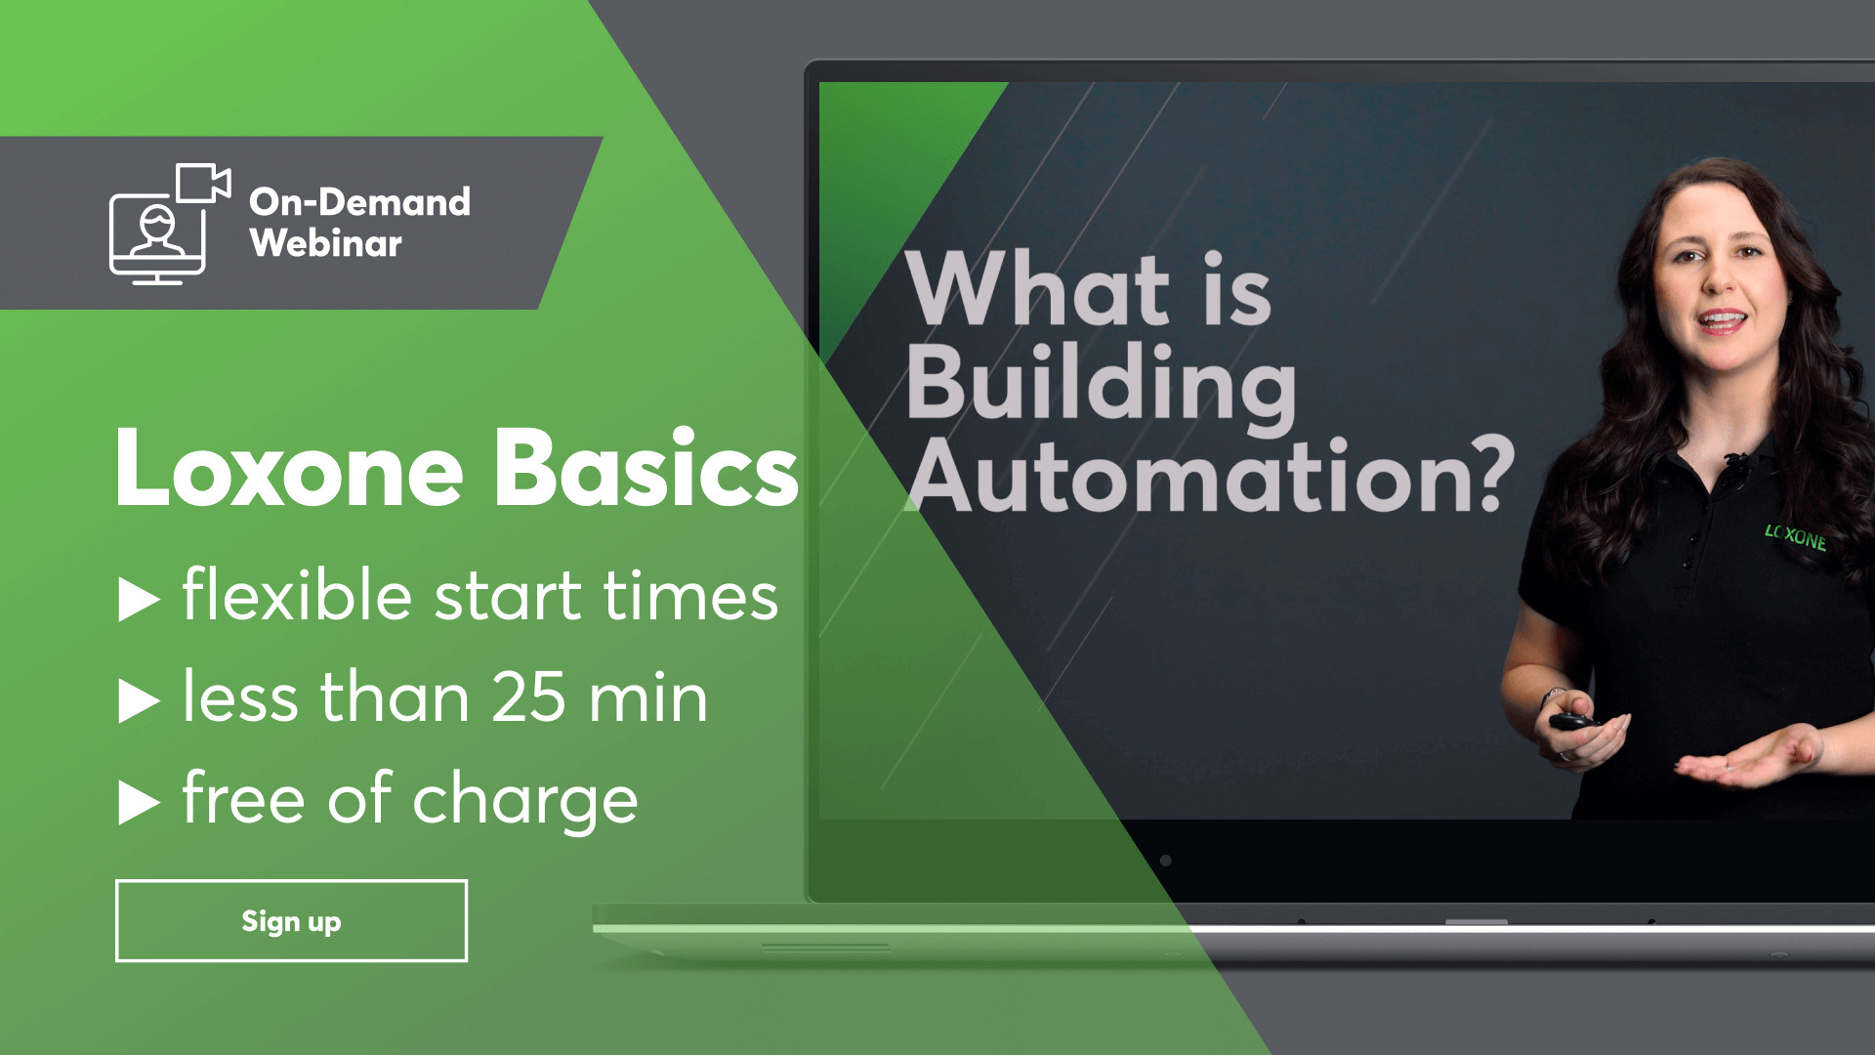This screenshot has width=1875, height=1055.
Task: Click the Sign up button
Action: click(x=291, y=921)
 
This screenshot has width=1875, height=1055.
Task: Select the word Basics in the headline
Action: click(x=646, y=469)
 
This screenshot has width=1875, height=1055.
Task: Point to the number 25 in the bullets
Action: click(x=528, y=697)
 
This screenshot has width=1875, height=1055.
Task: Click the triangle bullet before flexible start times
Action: click(x=139, y=599)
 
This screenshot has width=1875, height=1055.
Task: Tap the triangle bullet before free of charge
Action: click(x=139, y=803)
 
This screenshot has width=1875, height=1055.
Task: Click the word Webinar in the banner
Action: click(x=325, y=243)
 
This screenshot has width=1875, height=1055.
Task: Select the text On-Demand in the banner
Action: click(x=359, y=201)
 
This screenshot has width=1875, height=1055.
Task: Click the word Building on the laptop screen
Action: click(x=1102, y=386)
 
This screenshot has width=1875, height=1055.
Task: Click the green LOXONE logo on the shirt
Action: click(x=1795, y=536)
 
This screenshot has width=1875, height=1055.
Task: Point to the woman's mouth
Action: click(x=1722, y=320)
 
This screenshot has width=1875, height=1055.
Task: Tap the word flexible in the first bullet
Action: click(x=297, y=595)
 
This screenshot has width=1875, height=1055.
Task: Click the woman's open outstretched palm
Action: click(x=1748, y=760)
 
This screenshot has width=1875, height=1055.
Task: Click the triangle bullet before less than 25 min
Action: click(x=139, y=701)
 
